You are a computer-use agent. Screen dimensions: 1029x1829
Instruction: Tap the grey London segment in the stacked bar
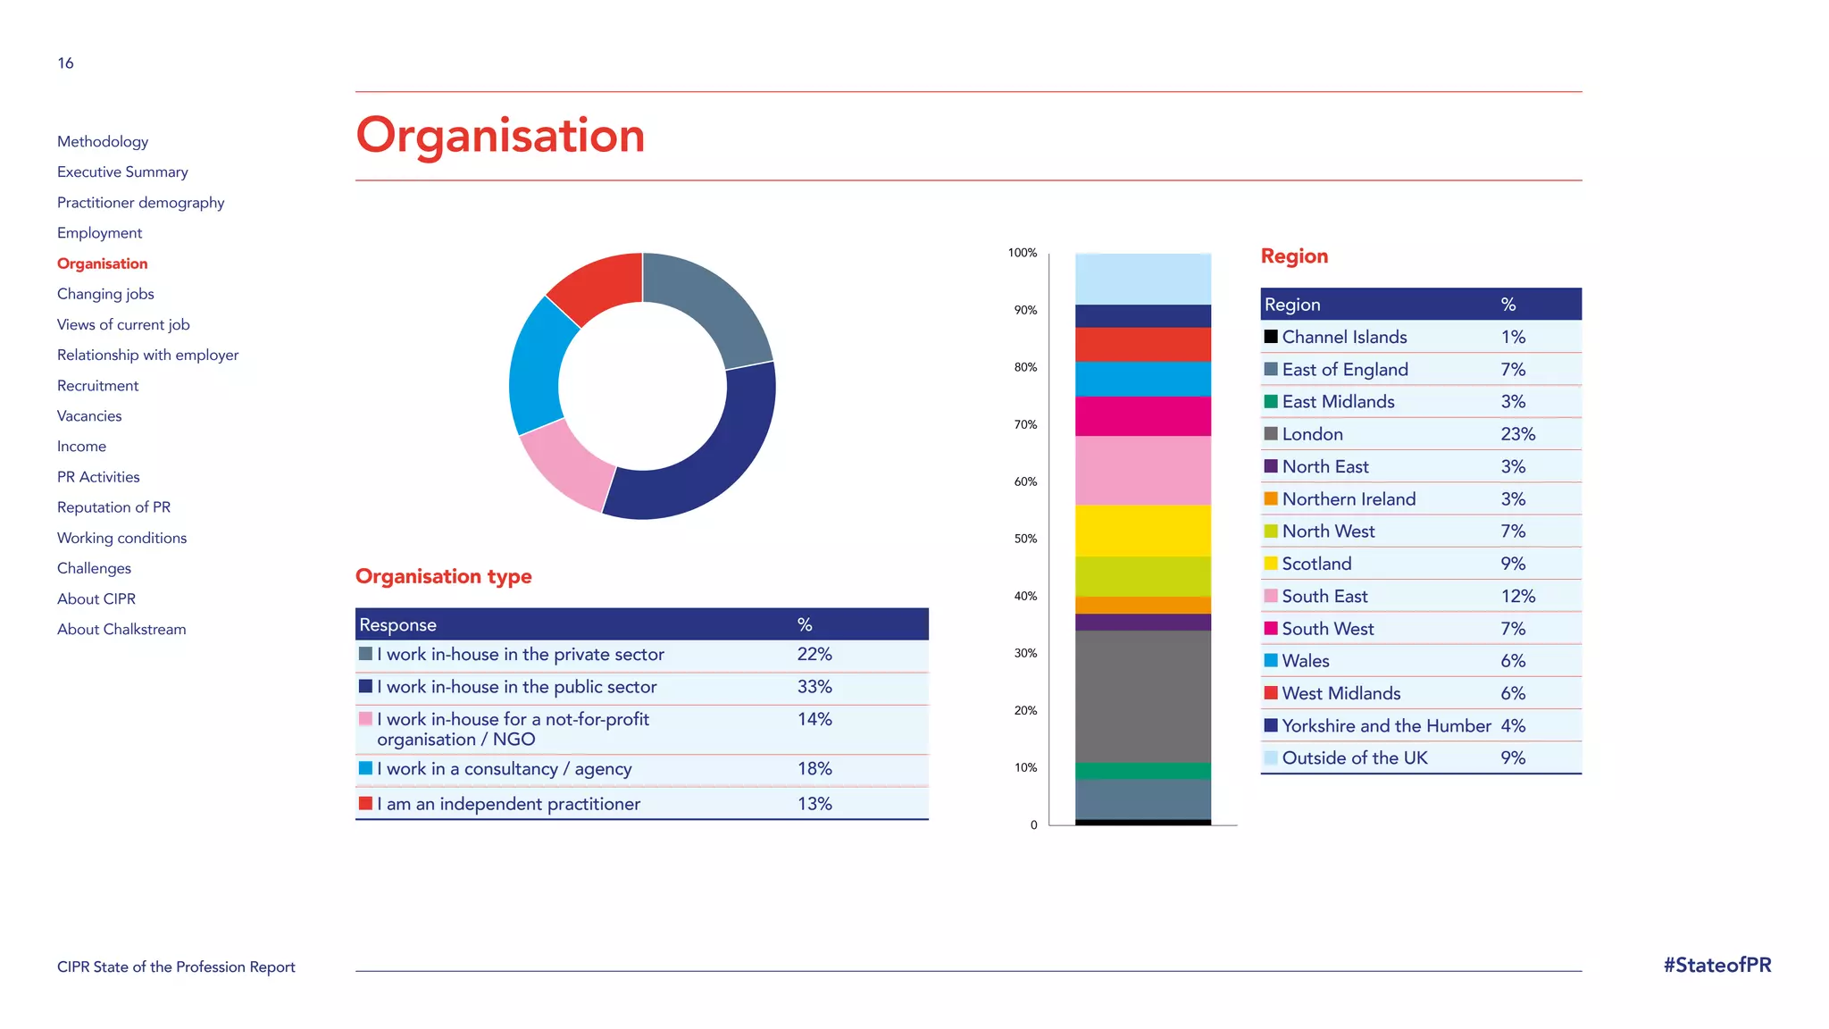(1142, 696)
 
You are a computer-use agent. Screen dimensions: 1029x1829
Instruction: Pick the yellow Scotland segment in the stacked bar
(1142, 531)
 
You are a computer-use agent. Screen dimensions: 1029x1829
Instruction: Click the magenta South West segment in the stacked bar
(1142, 416)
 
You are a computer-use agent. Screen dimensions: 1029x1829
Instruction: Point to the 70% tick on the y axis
(1025, 424)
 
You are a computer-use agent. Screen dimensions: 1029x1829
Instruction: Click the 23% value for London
(1517, 434)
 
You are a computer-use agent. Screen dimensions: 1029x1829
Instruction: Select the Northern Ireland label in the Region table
(1349, 499)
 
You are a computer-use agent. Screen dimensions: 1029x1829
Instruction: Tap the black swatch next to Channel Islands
(1271, 337)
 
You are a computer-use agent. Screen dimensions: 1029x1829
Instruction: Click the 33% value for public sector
(814, 687)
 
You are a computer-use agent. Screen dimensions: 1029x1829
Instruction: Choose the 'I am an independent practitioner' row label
(508, 804)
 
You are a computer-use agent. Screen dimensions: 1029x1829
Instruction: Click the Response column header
(398, 624)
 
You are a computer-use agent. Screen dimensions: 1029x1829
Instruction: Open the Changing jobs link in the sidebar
(105, 294)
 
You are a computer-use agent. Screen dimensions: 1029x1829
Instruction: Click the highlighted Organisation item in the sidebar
(103, 264)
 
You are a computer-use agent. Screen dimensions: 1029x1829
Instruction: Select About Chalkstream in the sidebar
(121, 629)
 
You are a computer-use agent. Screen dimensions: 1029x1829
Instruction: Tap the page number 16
(65, 63)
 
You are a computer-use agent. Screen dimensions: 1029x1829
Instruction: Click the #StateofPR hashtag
(1716, 965)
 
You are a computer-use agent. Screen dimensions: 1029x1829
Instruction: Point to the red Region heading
(1294, 256)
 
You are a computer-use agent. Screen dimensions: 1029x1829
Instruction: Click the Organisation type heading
(443, 576)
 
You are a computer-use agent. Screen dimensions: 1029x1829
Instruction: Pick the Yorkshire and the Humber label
(1386, 726)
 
